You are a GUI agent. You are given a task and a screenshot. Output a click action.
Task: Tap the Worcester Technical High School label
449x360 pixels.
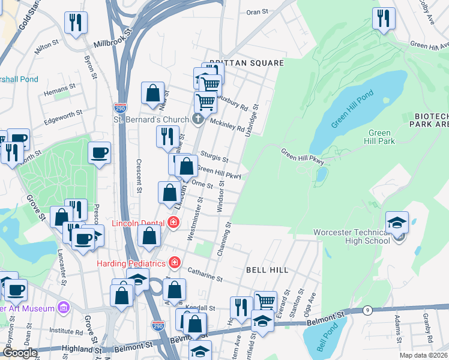click(x=357, y=236)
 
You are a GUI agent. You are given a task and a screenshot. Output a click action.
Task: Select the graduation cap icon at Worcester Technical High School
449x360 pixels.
click(x=397, y=223)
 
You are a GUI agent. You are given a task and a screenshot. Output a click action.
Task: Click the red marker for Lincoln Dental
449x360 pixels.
click(x=173, y=223)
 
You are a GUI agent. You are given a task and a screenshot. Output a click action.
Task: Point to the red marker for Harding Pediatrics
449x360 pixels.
click(x=174, y=263)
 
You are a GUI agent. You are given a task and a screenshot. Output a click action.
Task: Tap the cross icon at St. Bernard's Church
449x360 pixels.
click(x=199, y=119)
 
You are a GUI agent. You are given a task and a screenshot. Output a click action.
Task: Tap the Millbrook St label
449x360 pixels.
click(x=112, y=45)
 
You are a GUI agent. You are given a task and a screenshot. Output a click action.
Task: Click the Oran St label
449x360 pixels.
click(x=256, y=12)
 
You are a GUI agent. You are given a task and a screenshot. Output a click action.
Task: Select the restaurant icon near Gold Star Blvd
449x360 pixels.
click(x=76, y=23)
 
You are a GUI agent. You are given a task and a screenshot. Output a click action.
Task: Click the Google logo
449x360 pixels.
click(x=19, y=353)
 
